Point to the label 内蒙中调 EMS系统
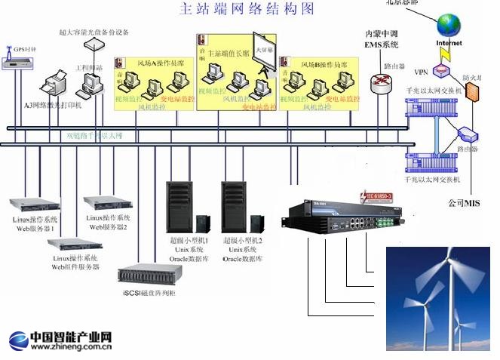(x=381, y=39)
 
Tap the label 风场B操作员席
(x=325, y=65)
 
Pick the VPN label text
(x=421, y=72)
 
